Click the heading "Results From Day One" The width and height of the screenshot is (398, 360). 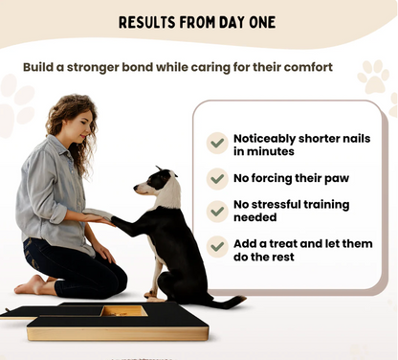pyautogui.click(x=198, y=22)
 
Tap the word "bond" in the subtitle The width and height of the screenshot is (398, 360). pyautogui.click(x=150, y=67)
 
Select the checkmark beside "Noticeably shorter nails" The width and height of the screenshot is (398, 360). pyautogui.click(x=218, y=144)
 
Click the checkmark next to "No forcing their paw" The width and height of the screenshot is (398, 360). pyautogui.click(x=218, y=177)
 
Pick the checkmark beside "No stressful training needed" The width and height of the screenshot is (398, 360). pyautogui.click(x=218, y=211)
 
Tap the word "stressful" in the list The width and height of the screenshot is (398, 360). pyautogui.click(x=289, y=204)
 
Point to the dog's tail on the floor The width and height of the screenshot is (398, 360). pyautogui.click(x=226, y=302)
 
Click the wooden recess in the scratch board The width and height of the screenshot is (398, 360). pyautogui.click(x=125, y=311)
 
